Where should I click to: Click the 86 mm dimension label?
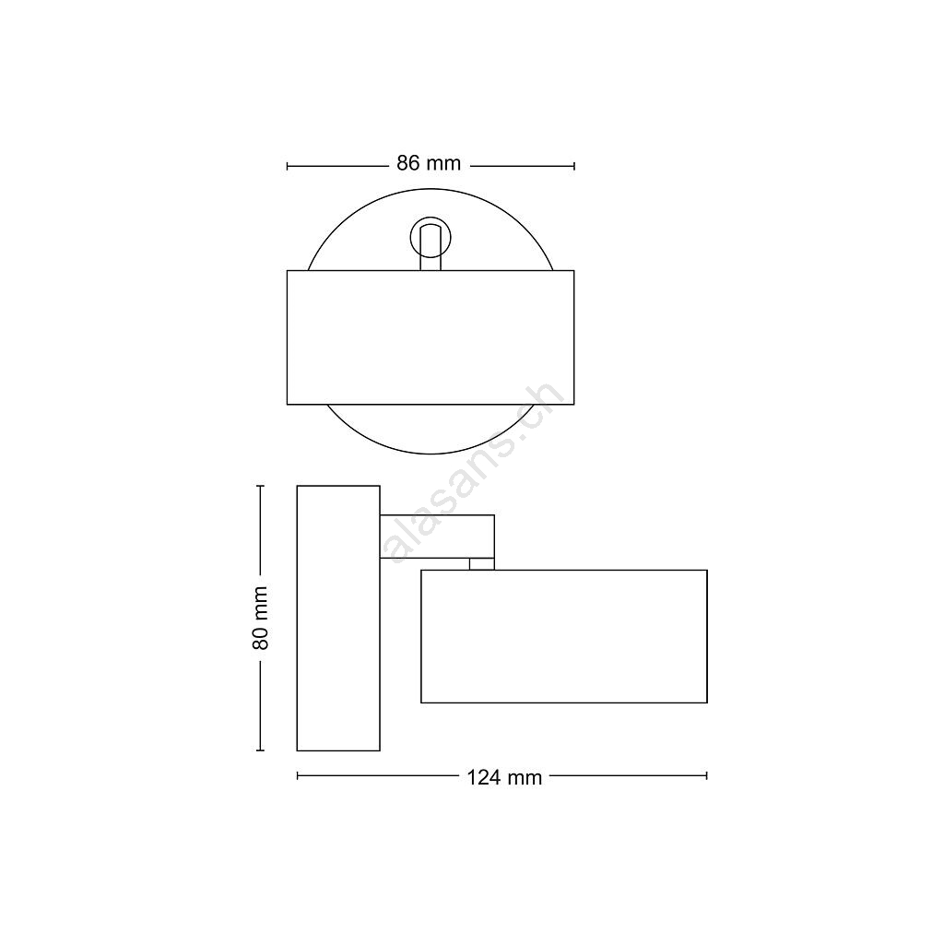429,163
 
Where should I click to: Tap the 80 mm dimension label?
260,618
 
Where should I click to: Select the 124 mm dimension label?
504,778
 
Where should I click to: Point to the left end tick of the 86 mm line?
288,166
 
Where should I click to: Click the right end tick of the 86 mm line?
574,166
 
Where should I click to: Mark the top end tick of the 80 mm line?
261,486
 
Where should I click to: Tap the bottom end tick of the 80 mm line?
261,750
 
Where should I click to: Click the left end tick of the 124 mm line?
298,776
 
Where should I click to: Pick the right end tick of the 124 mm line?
707,776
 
